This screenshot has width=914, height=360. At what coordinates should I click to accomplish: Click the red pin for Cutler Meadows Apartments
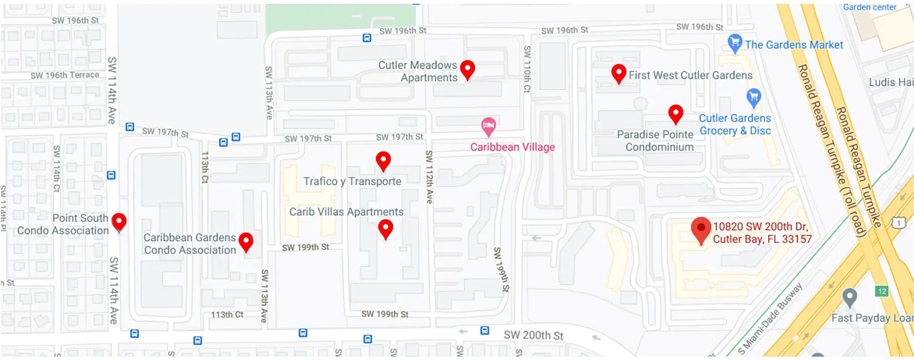point(467,70)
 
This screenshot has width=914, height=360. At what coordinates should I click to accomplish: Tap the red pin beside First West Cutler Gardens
point(618,73)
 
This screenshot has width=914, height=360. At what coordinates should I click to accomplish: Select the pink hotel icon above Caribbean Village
point(488,126)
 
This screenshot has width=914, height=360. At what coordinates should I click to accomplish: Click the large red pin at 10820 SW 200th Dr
point(701,229)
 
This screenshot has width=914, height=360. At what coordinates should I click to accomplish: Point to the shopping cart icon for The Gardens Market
point(735,43)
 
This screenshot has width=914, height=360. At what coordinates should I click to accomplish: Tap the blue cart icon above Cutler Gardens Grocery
point(753,98)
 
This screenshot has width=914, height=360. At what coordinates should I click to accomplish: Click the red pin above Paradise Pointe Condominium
point(676,114)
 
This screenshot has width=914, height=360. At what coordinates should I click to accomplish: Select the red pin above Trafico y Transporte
point(383,160)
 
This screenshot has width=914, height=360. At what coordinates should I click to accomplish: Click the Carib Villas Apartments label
point(346,212)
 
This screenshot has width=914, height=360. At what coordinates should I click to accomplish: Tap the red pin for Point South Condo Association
point(119,221)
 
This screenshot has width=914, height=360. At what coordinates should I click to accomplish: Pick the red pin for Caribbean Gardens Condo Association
point(246,241)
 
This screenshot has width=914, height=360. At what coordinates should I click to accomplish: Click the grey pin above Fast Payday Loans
point(849,298)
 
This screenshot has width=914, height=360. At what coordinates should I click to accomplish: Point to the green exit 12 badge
point(882,291)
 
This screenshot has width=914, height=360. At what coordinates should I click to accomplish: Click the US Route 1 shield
point(898,222)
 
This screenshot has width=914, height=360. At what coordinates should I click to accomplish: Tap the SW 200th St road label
point(533,335)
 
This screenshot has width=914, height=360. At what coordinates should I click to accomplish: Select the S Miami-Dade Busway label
point(770,319)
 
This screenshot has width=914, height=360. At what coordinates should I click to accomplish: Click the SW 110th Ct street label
point(527,69)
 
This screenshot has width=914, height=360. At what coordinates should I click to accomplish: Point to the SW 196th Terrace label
point(65,75)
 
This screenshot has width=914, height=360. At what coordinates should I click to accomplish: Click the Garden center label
point(869,7)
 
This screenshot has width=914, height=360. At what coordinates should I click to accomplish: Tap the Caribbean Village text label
point(512,147)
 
